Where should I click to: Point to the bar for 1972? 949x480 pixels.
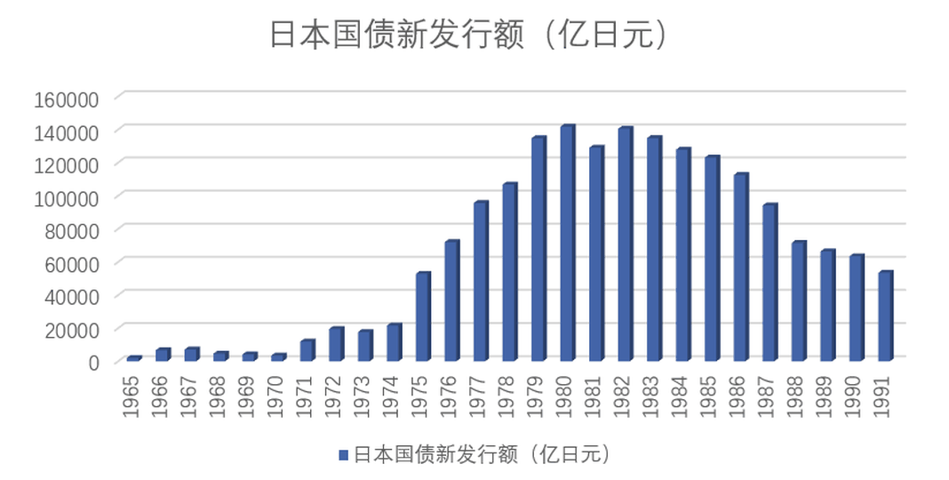[336, 344]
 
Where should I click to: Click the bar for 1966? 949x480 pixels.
[163, 355]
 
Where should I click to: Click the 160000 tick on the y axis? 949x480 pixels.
[67, 98]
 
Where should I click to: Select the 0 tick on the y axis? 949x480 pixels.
[93, 361]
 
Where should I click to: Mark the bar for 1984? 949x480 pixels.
[682, 254]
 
